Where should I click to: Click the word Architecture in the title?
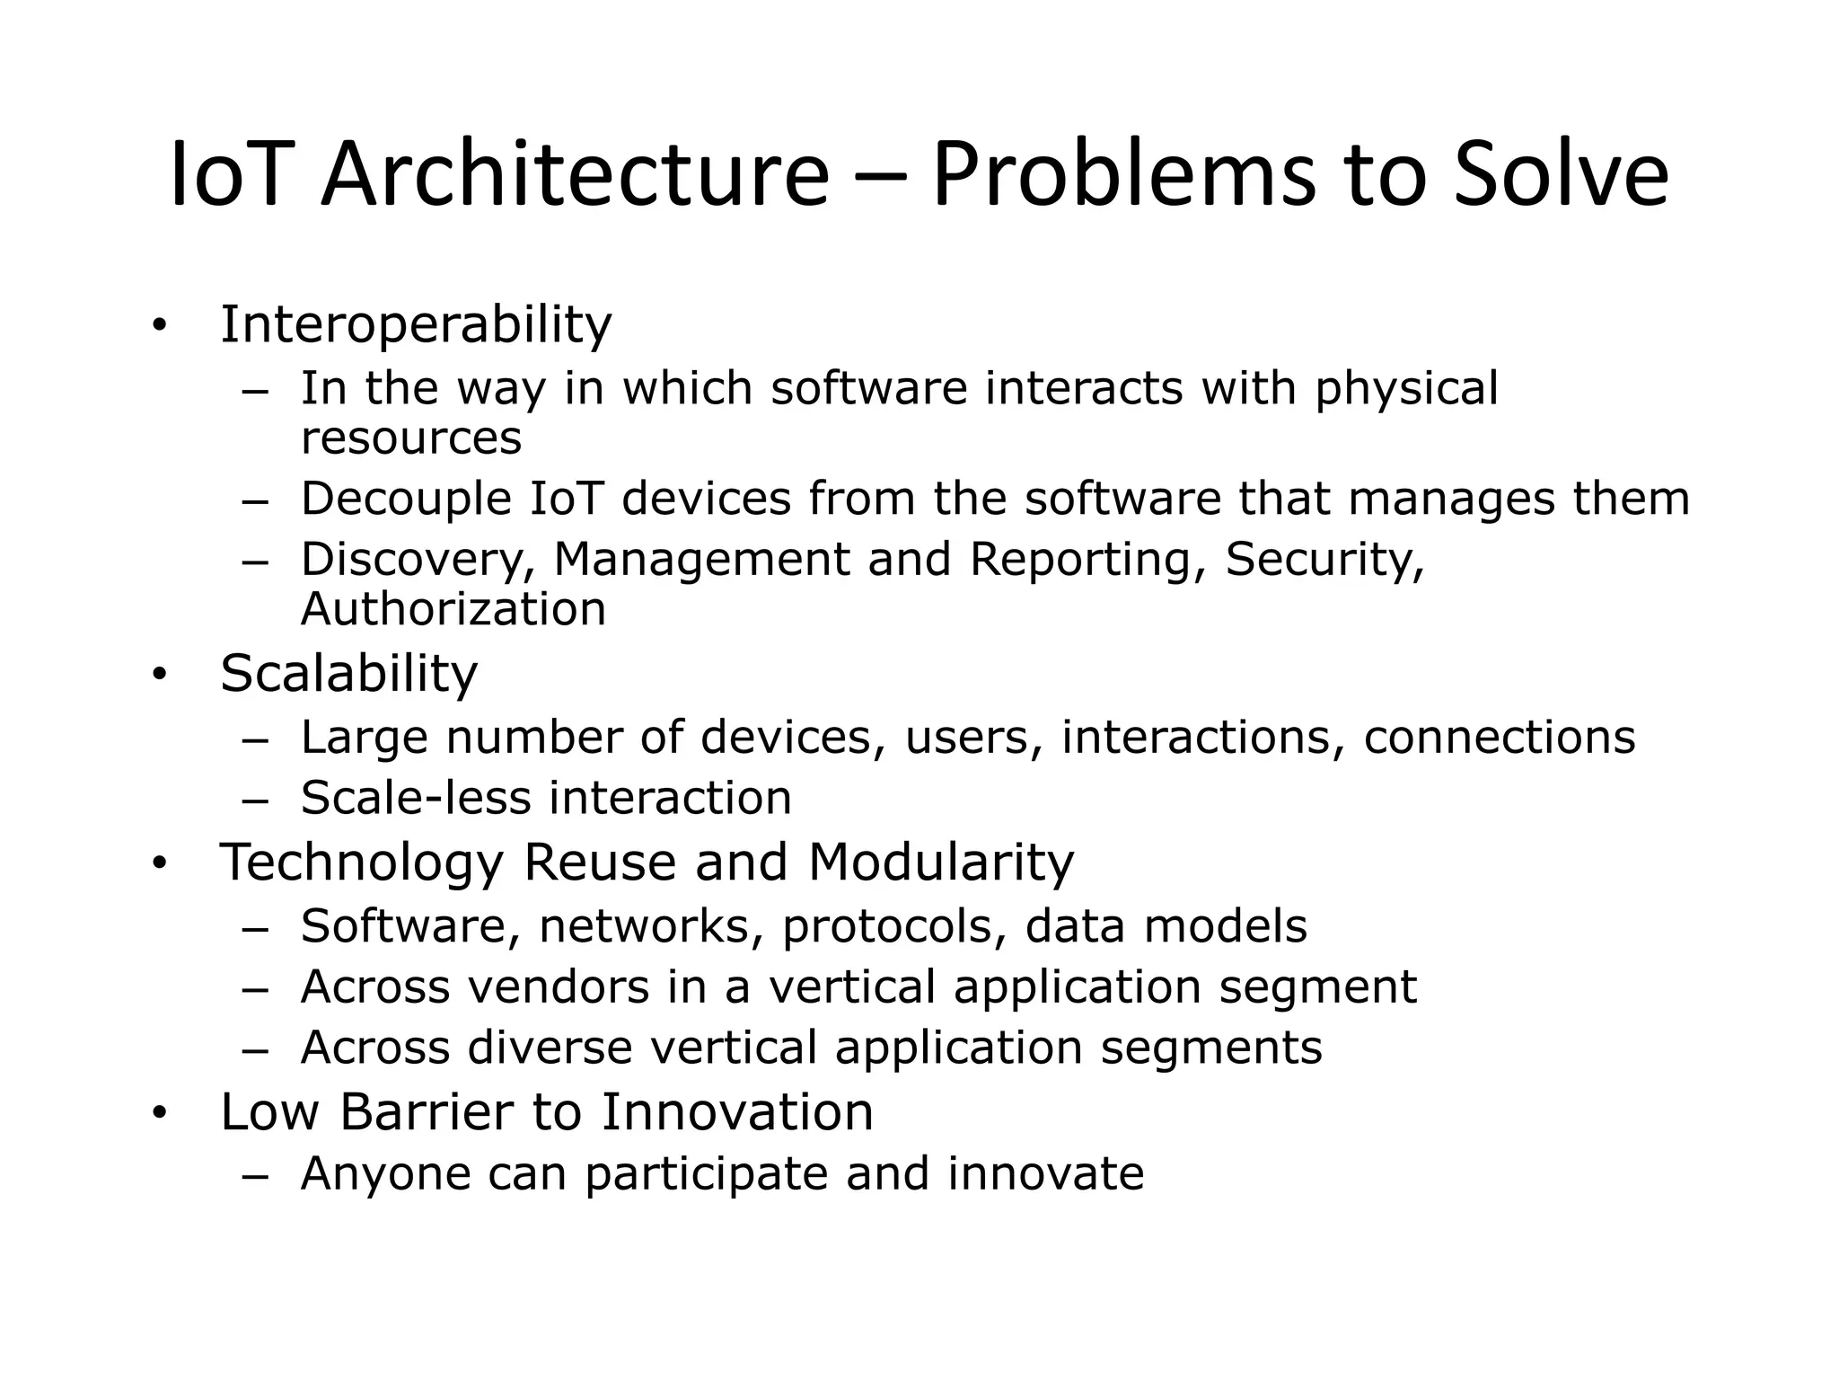[575, 175]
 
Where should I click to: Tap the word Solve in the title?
[1561, 175]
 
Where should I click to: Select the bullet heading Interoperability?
[416, 324]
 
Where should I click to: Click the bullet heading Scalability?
[348, 674]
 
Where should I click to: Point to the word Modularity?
[940, 862]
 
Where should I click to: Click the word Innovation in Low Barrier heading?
[736, 1112]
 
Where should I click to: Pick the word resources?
[410, 439]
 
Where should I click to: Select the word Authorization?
[453, 610]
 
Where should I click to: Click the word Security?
[1324, 561]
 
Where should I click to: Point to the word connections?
[1500, 738]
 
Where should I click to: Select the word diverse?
[550, 1048]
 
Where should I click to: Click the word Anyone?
[386, 1174]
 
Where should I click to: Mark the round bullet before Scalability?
[160, 676]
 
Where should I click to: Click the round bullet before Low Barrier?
[160, 1115]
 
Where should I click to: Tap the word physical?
[1406, 390]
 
